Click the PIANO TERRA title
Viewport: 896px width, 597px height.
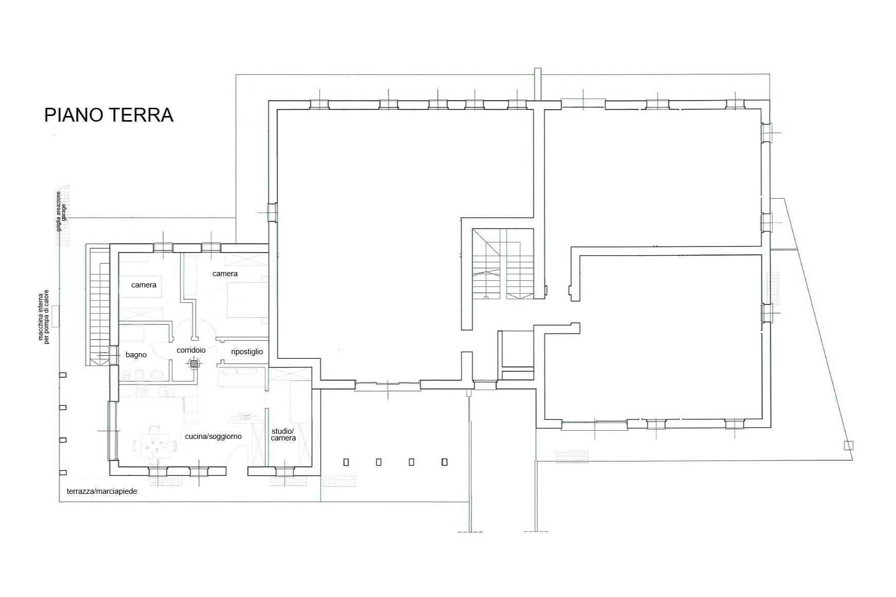coord(109,115)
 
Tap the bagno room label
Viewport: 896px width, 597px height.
coord(136,355)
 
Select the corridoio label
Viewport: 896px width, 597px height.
coord(191,350)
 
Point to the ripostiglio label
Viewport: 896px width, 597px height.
coord(247,352)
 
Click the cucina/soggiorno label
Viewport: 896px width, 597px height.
coord(213,436)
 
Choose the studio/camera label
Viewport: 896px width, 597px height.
coord(283,434)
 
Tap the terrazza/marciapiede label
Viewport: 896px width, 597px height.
coord(102,491)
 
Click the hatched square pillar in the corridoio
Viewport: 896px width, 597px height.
coord(194,363)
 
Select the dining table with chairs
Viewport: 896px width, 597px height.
coord(155,441)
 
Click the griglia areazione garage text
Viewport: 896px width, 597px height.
coord(61,211)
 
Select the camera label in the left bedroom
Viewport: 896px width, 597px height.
coord(144,285)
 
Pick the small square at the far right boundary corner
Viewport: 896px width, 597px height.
coord(848,445)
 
